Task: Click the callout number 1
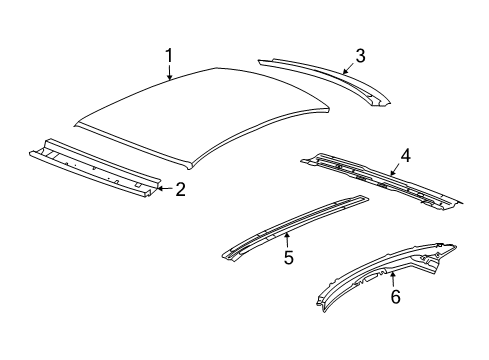tap(170, 55)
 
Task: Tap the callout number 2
tap(180, 189)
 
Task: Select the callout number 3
tap(360, 56)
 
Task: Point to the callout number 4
tap(406, 156)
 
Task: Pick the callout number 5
tap(288, 257)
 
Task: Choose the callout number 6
tap(395, 297)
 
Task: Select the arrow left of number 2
tap(163, 188)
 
